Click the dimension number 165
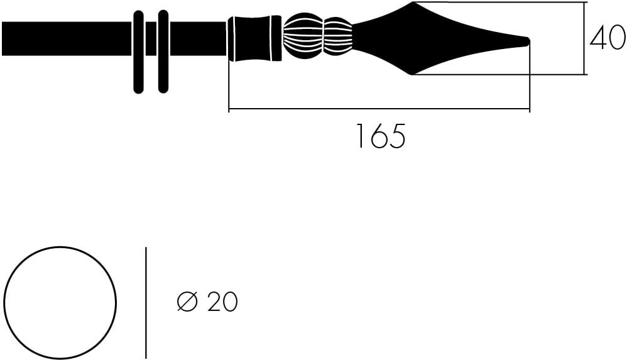[x=380, y=136]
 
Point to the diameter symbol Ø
[x=187, y=302]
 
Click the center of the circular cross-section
[x=60, y=302]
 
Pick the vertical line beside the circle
[x=146, y=302]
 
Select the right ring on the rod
[x=163, y=52]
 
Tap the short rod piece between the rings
[x=151, y=39]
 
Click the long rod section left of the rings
[x=66, y=39]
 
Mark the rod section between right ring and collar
[x=197, y=39]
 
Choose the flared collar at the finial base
[x=254, y=39]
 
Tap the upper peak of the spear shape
[x=413, y=5]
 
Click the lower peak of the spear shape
[x=413, y=73]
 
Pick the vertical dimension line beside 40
[x=585, y=39]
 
